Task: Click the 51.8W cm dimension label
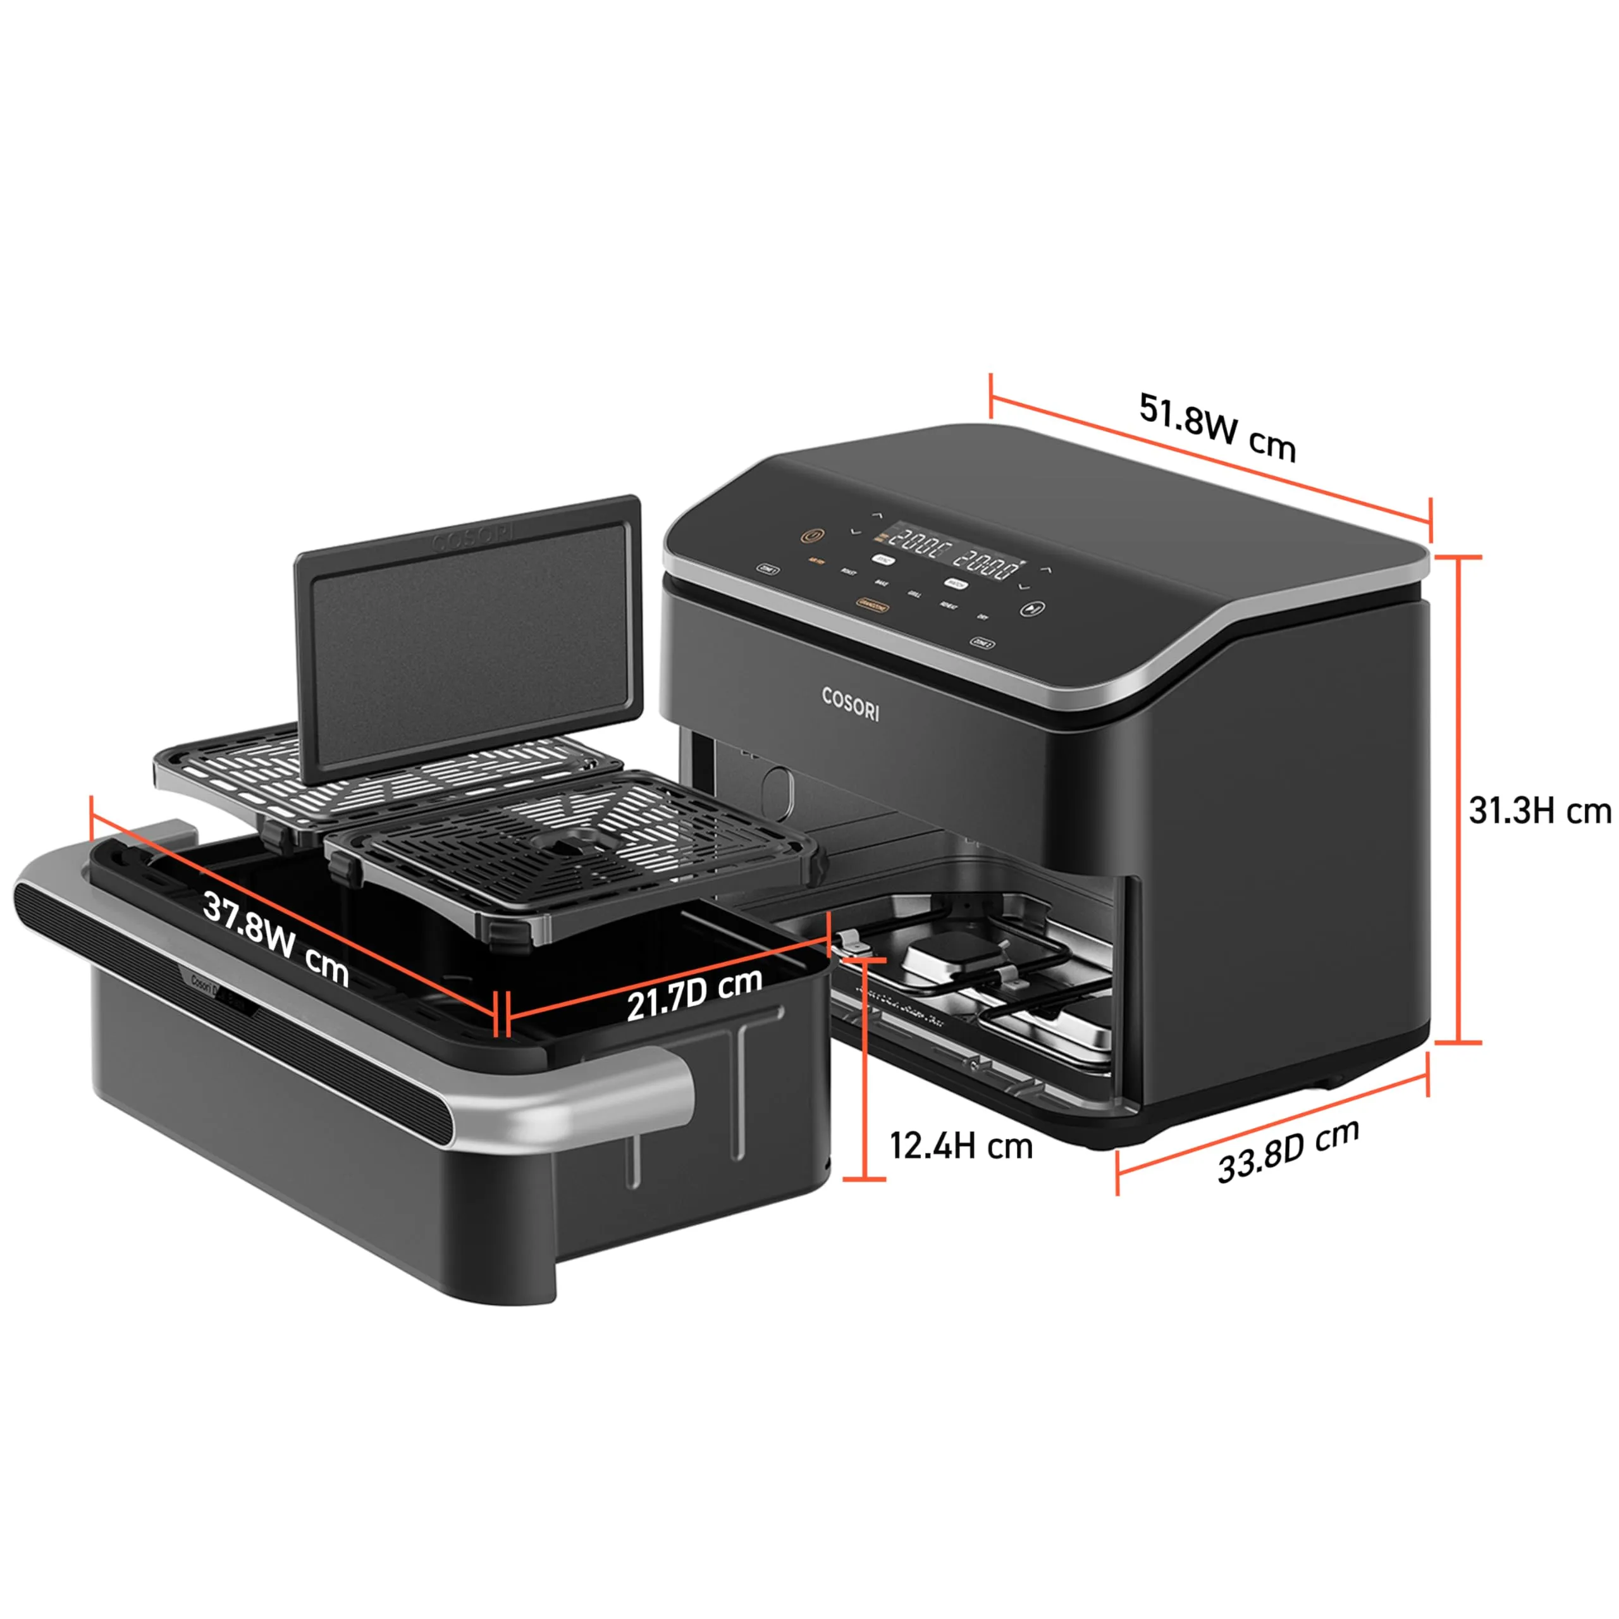coord(1217,428)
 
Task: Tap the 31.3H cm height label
coord(1539,811)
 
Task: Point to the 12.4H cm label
coord(961,1145)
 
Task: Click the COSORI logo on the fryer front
coord(850,704)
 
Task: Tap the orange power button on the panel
coord(811,536)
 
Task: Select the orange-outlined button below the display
coord(871,603)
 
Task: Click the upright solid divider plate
coord(467,637)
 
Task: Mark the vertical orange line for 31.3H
coord(1459,799)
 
